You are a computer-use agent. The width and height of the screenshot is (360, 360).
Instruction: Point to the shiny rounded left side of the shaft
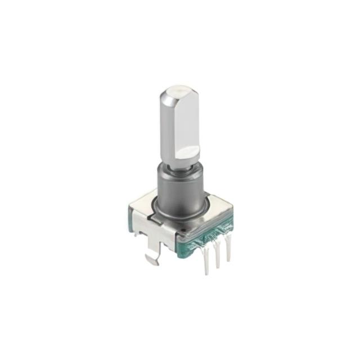[x=168, y=127]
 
